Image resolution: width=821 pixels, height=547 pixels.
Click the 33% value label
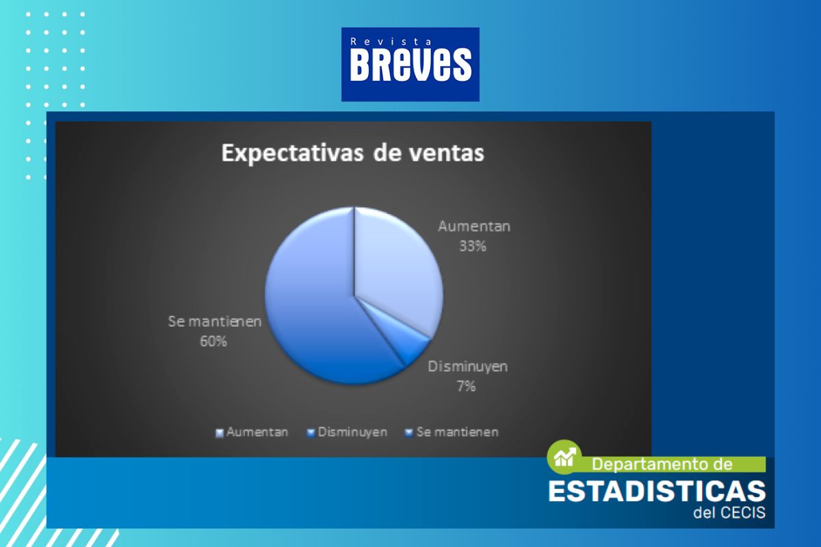click(x=473, y=246)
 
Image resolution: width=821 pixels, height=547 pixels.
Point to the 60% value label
click(x=213, y=341)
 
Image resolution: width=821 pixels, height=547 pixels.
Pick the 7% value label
click(x=466, y=386)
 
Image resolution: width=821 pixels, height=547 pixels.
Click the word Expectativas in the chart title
click(x=292, y=153)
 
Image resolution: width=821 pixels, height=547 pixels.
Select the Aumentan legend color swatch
click(x=219, y=433)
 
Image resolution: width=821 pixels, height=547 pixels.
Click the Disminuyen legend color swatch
click(x=311, y=433)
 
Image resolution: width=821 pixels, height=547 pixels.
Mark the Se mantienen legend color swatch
click(x=408, y=433)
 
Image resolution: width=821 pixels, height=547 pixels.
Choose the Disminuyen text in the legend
click(x=352, y=432)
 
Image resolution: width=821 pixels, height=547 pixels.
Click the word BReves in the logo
click(x=410, y=65)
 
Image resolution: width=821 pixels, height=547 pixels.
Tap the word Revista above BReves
click(x=391, y=42)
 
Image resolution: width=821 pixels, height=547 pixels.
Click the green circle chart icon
click(x=564, y=457)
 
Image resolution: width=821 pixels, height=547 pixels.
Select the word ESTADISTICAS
click(x=657, y=491)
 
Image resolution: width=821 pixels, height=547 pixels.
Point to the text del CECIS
click(x=729, y=513)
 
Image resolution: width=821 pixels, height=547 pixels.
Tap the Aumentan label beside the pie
click(x=474, y=226)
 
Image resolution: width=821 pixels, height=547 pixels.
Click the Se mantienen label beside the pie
click(x=215, y=321)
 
